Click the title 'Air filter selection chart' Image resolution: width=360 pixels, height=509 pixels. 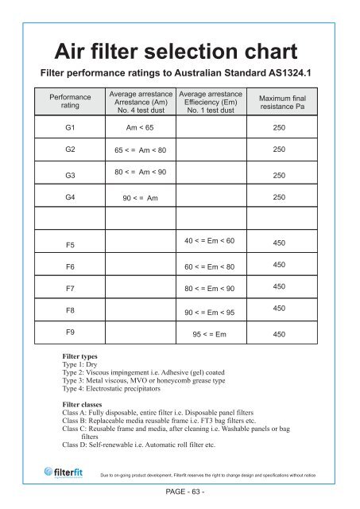tap(179, 55)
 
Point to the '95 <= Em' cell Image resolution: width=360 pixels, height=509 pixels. tap(210, 335)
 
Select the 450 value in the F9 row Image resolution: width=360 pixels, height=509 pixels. tap(278, 335)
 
